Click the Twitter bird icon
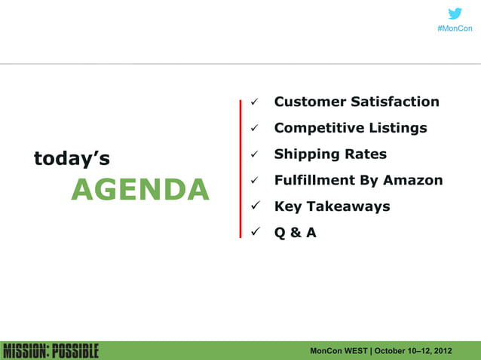(455, 14)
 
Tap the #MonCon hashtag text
(455, 29)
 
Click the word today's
(72, 158)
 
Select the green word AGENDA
(139, 190)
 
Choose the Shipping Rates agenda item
(330, 154)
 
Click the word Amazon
(413, 180)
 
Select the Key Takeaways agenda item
(332, 206)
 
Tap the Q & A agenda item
(295, 233)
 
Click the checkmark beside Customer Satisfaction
(255, 102)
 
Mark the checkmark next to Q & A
(255, 233)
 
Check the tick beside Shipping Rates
(255, 155)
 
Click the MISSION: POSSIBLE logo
(51, 351)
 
